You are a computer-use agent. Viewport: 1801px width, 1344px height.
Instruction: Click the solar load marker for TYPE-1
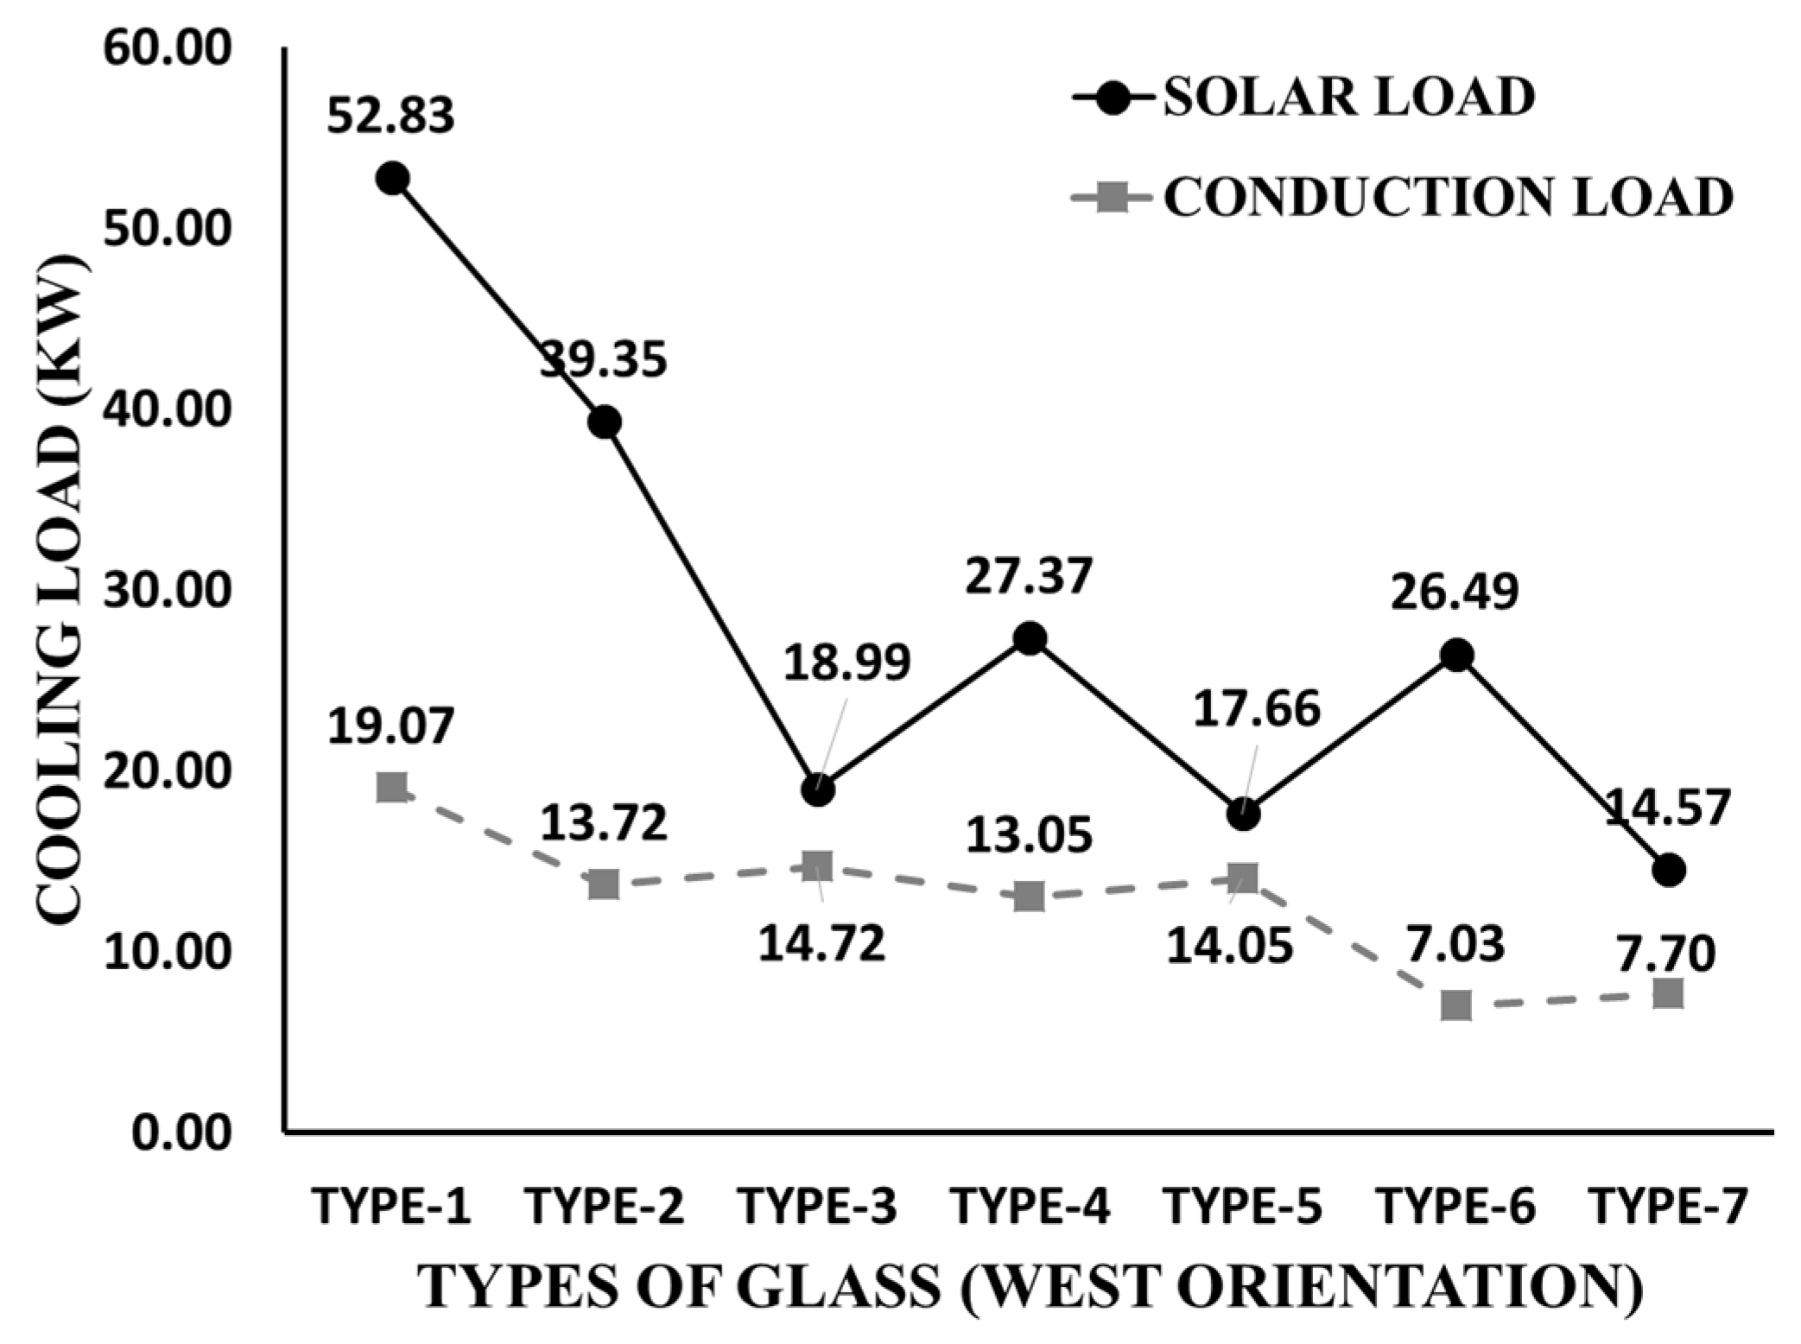(x=392, y=178)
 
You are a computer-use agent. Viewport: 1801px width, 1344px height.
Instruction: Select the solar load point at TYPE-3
(x=817, y=789)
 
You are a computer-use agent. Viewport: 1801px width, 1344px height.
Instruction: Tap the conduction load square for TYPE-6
(x=1456, y=1005)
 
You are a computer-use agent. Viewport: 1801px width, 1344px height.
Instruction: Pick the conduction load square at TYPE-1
(x=392, y=787)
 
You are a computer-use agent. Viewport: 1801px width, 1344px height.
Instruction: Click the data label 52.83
(x=390, y=115)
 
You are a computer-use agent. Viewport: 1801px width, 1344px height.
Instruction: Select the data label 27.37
(x=1029, y=576)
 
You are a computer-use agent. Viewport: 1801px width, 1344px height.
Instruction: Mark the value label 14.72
(x=821, y=943)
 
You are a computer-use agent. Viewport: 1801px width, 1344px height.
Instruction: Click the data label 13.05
(x=1029, y=836)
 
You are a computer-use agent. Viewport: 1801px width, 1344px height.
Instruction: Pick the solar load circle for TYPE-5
(x=1243, y=813)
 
